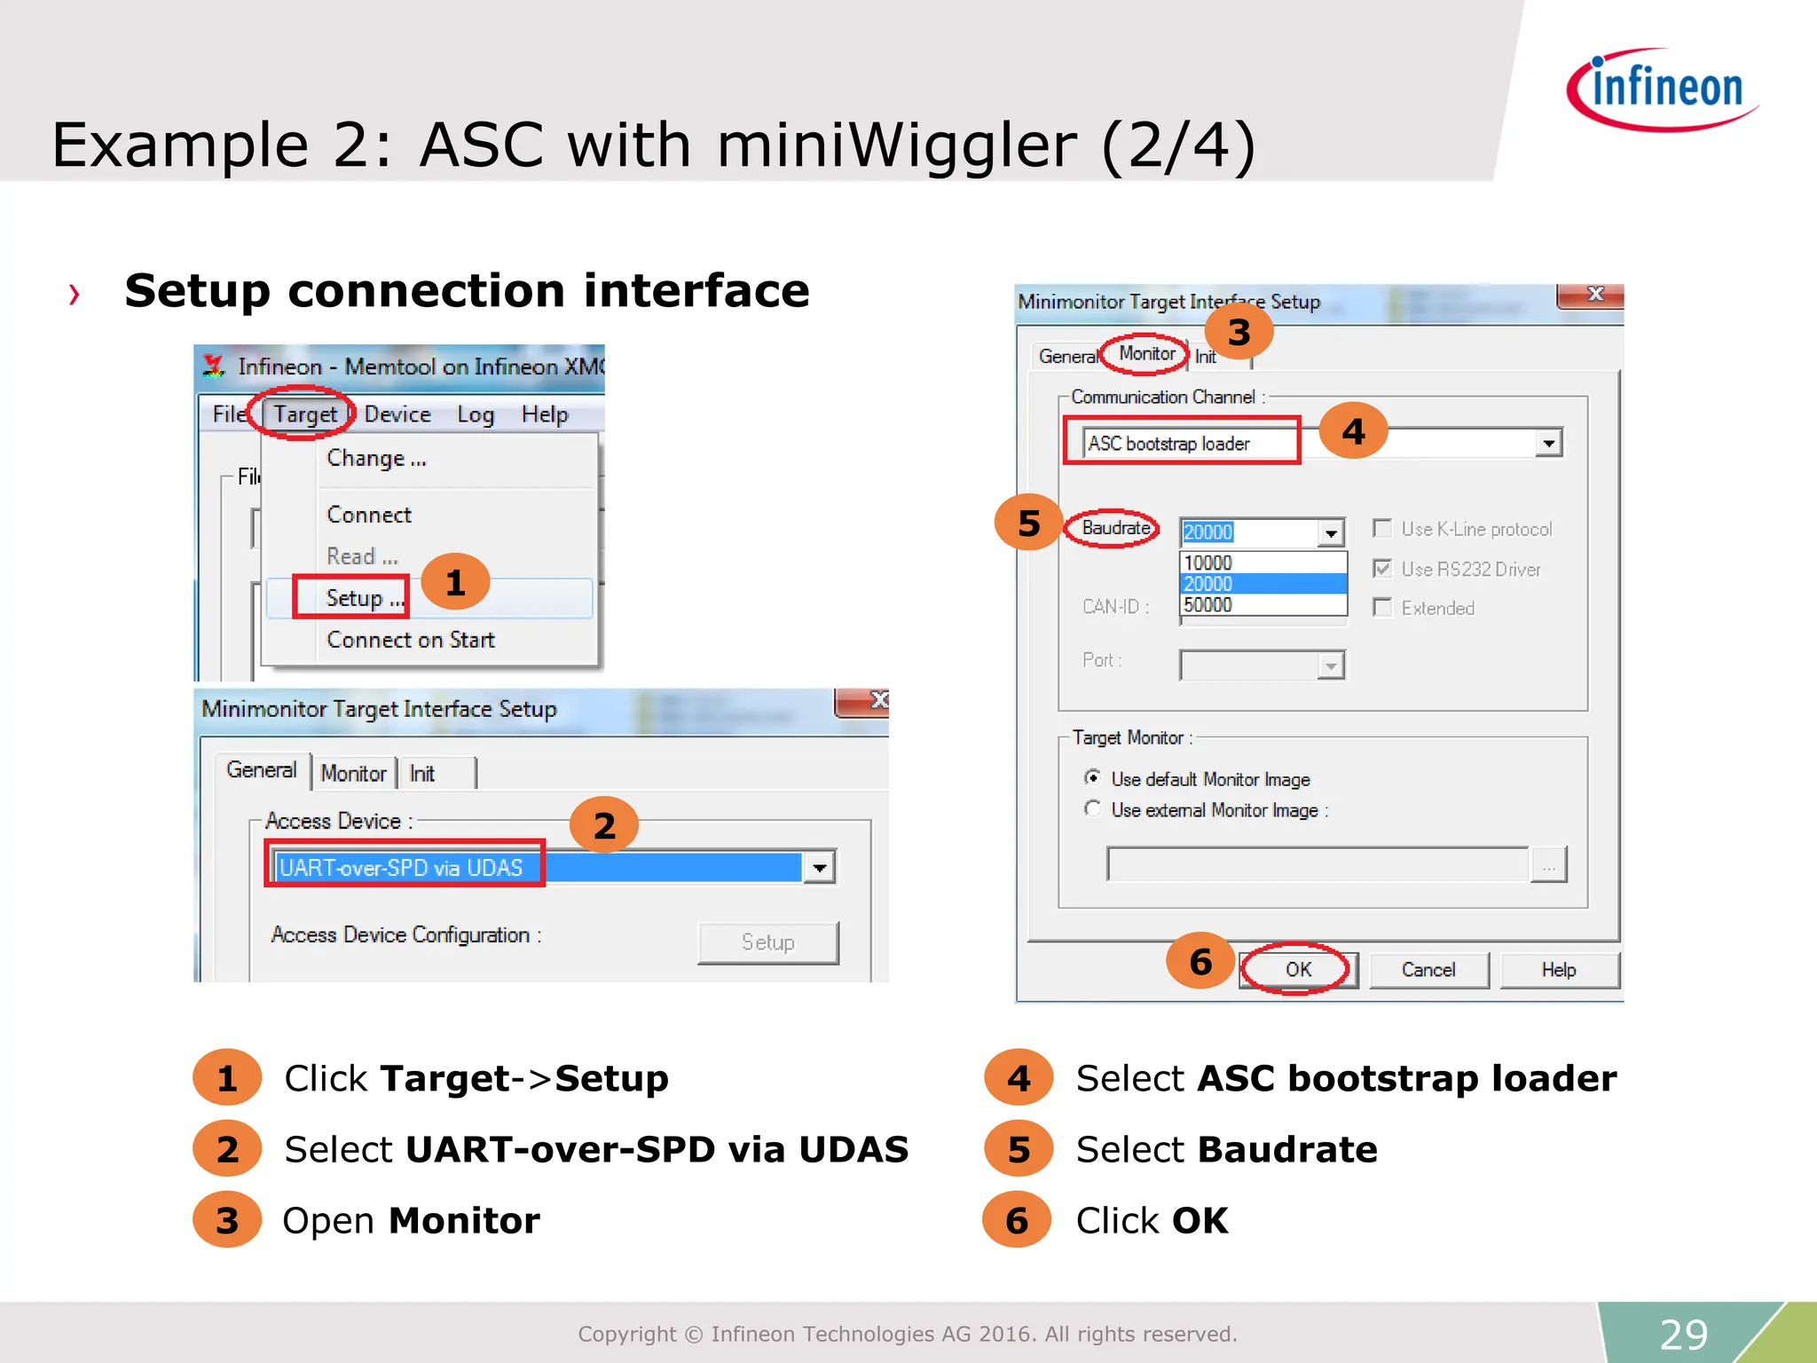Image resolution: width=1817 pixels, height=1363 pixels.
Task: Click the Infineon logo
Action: click(x=1663, y=90)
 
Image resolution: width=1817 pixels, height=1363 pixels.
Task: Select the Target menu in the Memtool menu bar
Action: click(x=304, y=414)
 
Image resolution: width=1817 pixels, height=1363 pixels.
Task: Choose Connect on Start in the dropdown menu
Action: click(x=410, y=640)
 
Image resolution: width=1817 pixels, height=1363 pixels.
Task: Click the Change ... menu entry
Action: click(x=375, y=459)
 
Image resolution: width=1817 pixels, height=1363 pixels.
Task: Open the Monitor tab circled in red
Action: click(x=1146, y=354)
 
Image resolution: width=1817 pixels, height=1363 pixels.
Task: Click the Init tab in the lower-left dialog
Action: click(x=422, y=774)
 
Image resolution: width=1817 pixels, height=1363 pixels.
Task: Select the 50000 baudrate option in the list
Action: click(x=1207, y=605)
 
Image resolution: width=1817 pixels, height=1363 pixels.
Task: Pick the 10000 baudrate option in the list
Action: click(x=1207, y=563)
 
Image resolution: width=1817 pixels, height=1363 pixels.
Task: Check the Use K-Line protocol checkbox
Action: click(x=1381, y=529)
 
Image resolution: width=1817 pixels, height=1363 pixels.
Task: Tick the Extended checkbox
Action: click(x=1381, y=608)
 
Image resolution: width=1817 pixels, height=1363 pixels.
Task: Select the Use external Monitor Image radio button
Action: click(x=1093, y=809)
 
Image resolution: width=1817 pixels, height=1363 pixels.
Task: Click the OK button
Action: click(x=1297, y=970)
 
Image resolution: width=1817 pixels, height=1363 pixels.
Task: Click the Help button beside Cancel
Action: click(x=1558, y=970)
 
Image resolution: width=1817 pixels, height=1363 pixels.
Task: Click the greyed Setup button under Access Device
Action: click(x=767, y=942)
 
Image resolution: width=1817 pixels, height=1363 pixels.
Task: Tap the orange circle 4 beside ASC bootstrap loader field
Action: click(x=1353, y=431)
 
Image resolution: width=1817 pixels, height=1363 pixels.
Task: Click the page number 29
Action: click(x=1683, y=1334)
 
